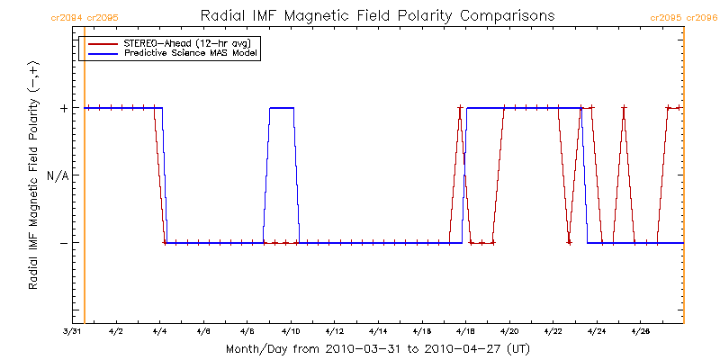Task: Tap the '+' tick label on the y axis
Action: tap(64, 108)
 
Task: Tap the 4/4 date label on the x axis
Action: tap(160, 332)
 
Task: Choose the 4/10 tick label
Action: tap(292, 332)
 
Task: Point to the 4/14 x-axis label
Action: tap(379, 332)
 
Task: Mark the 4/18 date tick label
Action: tap(466, 332)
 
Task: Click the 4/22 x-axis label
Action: tap(553, 332)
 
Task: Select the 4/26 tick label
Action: tap(641, 332)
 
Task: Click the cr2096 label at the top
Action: tap(705, 16)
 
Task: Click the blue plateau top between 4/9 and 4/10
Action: tap(282, 108)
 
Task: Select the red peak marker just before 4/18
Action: tap(460, 108)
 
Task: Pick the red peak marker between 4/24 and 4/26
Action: tap(624, 108)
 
